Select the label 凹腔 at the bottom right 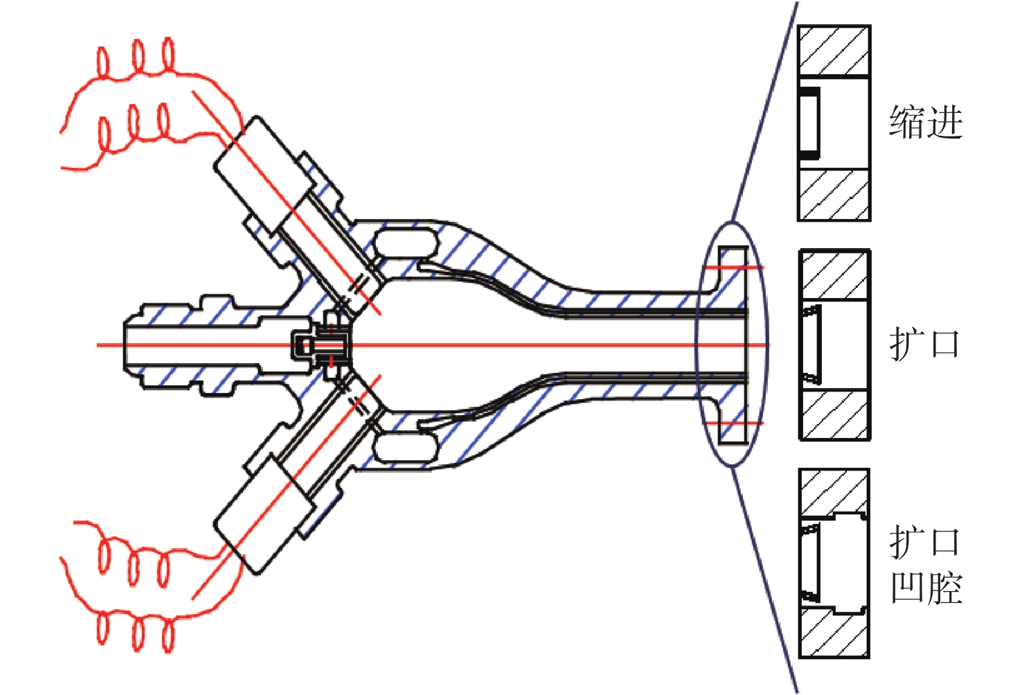coord(926,588)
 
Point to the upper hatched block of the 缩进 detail coord(834,50)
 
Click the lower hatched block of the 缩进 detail coord(834,195)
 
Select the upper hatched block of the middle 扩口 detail coord(835,274)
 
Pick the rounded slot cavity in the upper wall coord(406,243)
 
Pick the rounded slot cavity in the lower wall coord(406,448)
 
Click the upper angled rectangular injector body coord(265,176)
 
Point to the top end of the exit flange coord(733,247)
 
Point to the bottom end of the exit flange coord(733,442)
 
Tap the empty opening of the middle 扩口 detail coord(844,345)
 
